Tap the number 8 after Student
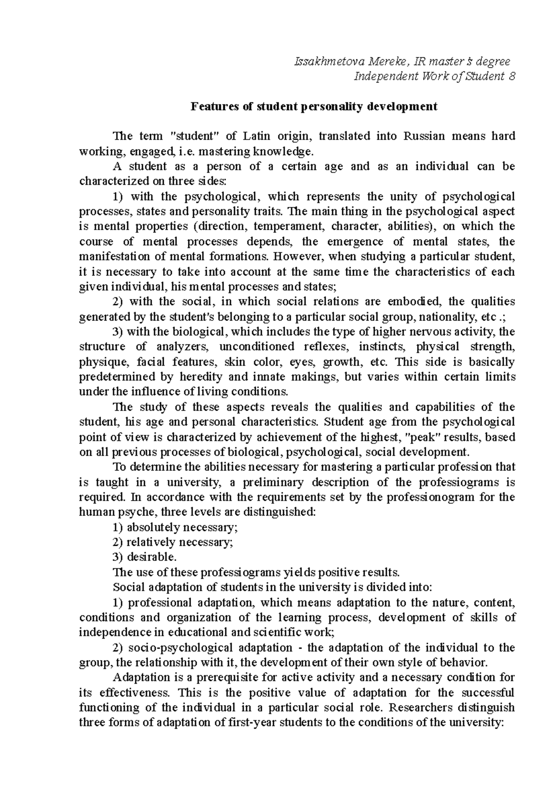(x=511, y=76)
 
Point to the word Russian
(x=425, y=136)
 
